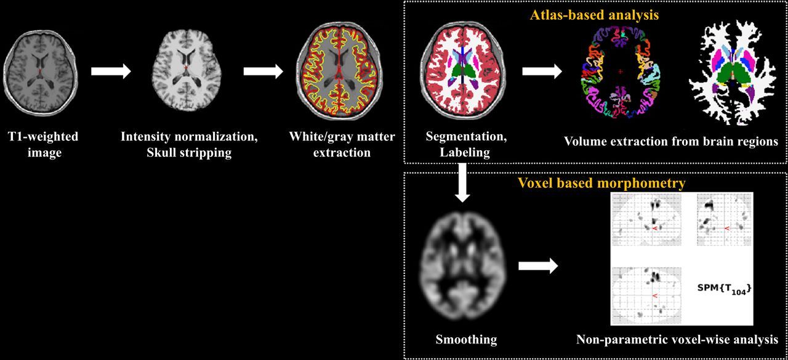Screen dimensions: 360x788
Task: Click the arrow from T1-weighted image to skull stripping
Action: tap(111, 71)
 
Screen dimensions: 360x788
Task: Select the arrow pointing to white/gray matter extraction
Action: tap(263, 71)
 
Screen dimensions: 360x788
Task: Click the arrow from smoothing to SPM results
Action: tap(537, 266)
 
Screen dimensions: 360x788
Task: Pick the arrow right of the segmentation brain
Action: tap(542, 71)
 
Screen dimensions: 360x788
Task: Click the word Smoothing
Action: tap(466, 339)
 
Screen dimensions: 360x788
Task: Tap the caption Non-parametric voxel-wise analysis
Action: tap(677, 339)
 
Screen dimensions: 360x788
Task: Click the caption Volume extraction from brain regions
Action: tap(671, 141)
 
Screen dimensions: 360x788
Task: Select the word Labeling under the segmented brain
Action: tap(465, 152)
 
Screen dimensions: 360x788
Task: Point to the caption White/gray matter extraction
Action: tap(342, 144)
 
